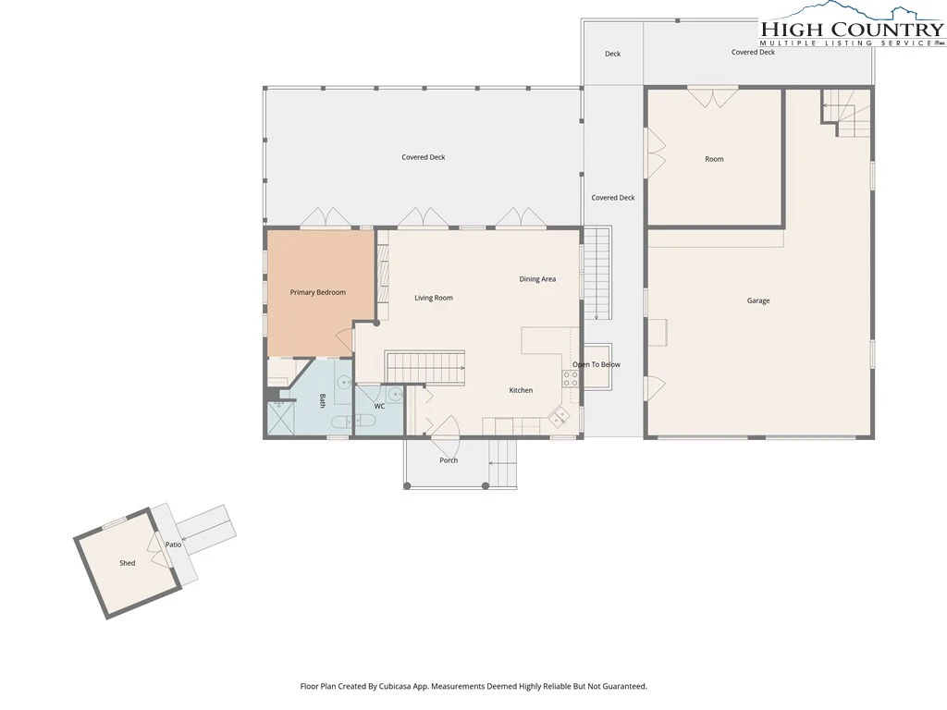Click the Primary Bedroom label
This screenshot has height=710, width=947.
[x=318, y=292]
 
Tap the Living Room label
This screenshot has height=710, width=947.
[x=434, y=298]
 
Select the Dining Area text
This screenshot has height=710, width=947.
[x=537, y=279]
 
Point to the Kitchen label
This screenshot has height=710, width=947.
[x=521, y=390]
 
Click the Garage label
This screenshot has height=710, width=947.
[x=758, y=300]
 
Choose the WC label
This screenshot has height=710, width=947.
[x=379, y=407]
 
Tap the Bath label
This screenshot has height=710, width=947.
[x=323, y=401]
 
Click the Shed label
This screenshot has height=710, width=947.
[x=127, y=563]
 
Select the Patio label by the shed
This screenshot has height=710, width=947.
[x=173, y=545]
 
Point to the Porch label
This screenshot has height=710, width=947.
[x=449, y=460]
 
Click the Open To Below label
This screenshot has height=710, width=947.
[x=596, y=364]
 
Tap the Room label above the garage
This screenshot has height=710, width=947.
[x=714, y=159]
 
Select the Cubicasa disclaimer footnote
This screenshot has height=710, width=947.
[x=473, y=686]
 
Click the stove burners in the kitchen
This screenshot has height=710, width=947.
[x=571, y=378]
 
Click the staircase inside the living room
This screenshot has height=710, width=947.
[x=425, y=366]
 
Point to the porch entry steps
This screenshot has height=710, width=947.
[x=502, y=463]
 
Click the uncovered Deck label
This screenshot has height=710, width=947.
[x=612, y=54]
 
